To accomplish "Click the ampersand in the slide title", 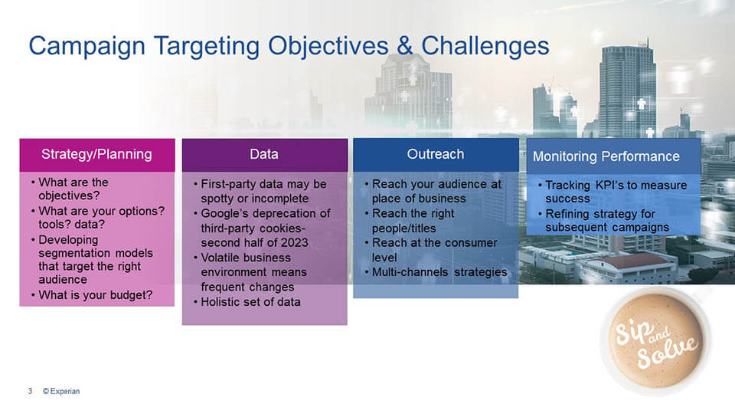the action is (x=404, y=46).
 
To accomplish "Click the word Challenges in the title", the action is (x=485, y=46).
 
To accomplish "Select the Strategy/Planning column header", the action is (x=96, y=154).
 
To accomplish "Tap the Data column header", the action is (x=264, y=154).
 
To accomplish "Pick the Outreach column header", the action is (x=436, y=154).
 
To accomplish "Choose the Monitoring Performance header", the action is (x=606, y=156).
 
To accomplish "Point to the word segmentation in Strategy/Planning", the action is (x=76, y=254).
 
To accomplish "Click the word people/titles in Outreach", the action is (x=404, y=228).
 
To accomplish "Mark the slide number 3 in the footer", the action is (x=30, y=391).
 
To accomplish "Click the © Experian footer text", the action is (x=61, y=391).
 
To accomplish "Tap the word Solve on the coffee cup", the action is (x=667, y=352).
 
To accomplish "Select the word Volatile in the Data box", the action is (x=222, y=258).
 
